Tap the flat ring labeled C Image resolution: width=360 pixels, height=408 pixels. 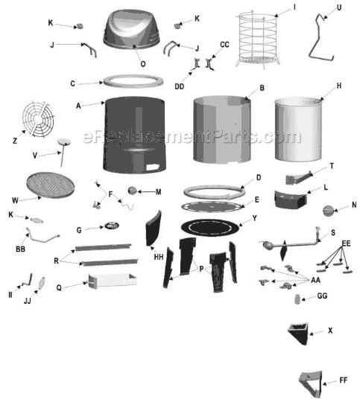[133, 80]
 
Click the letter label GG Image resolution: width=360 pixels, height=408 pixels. [322, 296]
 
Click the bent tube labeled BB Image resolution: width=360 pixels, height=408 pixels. [47, 238]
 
